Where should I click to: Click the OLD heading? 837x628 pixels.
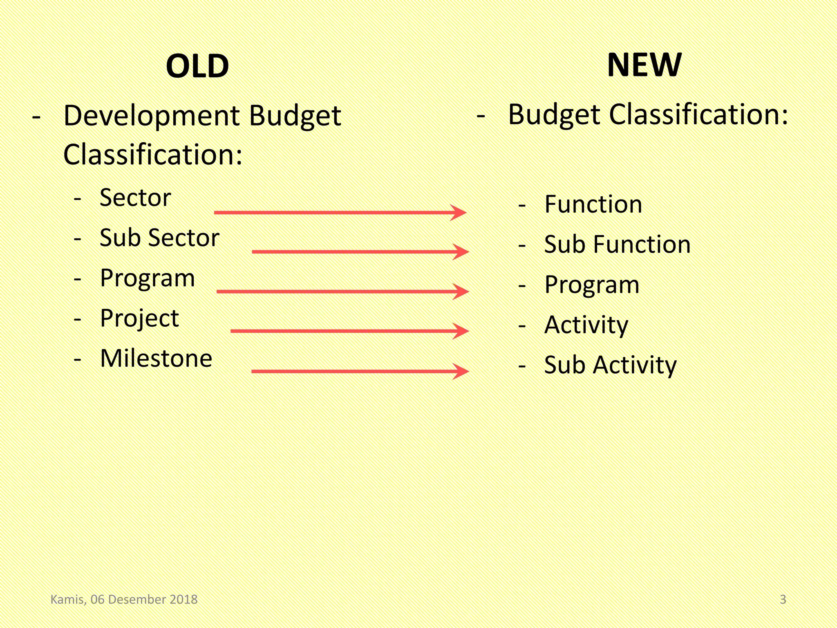coord(197,66)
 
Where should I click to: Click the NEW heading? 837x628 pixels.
coord(644,65)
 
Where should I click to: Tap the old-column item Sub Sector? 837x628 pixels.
coord(159,238)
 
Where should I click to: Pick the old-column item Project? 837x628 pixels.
coord(139,318)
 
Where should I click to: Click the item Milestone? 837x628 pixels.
coord(156,358)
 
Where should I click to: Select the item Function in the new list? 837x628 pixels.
coord(593,204)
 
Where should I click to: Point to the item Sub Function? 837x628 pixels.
coord(617,244)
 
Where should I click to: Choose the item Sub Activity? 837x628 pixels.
coord(610,365)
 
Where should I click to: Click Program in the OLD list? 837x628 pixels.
coord(147,278)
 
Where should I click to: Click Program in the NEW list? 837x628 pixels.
coord(592,285)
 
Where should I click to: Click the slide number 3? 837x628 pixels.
coord(783,599)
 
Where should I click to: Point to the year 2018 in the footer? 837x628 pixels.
coord(184,599)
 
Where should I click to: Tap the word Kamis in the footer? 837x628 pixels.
coord(68,599)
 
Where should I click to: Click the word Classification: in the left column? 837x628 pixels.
coord(153,155)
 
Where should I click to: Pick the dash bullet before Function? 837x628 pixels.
coord(521,206)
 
